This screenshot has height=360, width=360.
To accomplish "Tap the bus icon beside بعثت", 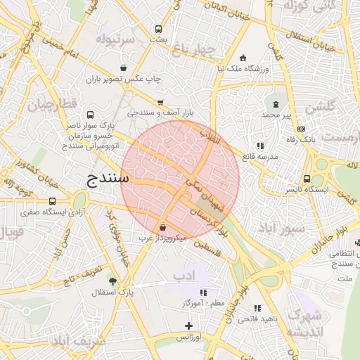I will click(159, 30).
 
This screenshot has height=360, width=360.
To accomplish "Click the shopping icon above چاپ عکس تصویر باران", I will click(124, 68).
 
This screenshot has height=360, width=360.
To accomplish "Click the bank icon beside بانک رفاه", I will click(301, 129).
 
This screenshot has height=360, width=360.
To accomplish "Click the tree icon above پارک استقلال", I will click(112, 281).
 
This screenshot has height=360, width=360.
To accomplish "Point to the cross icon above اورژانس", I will click(188, 326).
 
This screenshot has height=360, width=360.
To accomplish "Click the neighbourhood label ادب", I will click(184, 276).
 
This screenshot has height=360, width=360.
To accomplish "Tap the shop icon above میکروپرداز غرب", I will click(163, 228).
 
